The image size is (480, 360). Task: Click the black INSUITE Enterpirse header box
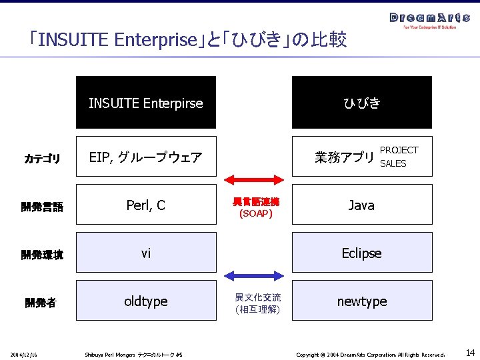click(x=146, y=103)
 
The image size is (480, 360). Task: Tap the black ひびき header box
click(x=361, y=103)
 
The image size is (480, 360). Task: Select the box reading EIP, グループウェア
click(x=146, y=157)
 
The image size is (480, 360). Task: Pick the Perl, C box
click(x=146, y=205)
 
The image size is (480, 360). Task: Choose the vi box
click(x=146, y=253)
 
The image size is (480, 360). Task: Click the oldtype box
click(x=146, y=301)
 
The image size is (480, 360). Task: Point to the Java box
click(x=361, y=205)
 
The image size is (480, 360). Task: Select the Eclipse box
click(x=361, y=253)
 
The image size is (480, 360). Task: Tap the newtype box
click(x=361, y=301)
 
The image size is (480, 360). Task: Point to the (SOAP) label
click(x=256, y=214)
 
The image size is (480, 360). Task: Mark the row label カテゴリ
click(x=42, y=159)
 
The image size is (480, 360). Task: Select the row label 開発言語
click(x=42, y=207)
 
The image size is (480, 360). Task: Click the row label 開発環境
click(x=42, y=255)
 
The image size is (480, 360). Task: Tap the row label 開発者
click(x=41, y=303)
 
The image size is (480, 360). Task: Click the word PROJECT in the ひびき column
click(x=399, y=151)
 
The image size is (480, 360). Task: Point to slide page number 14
click(x=470, y=353)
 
